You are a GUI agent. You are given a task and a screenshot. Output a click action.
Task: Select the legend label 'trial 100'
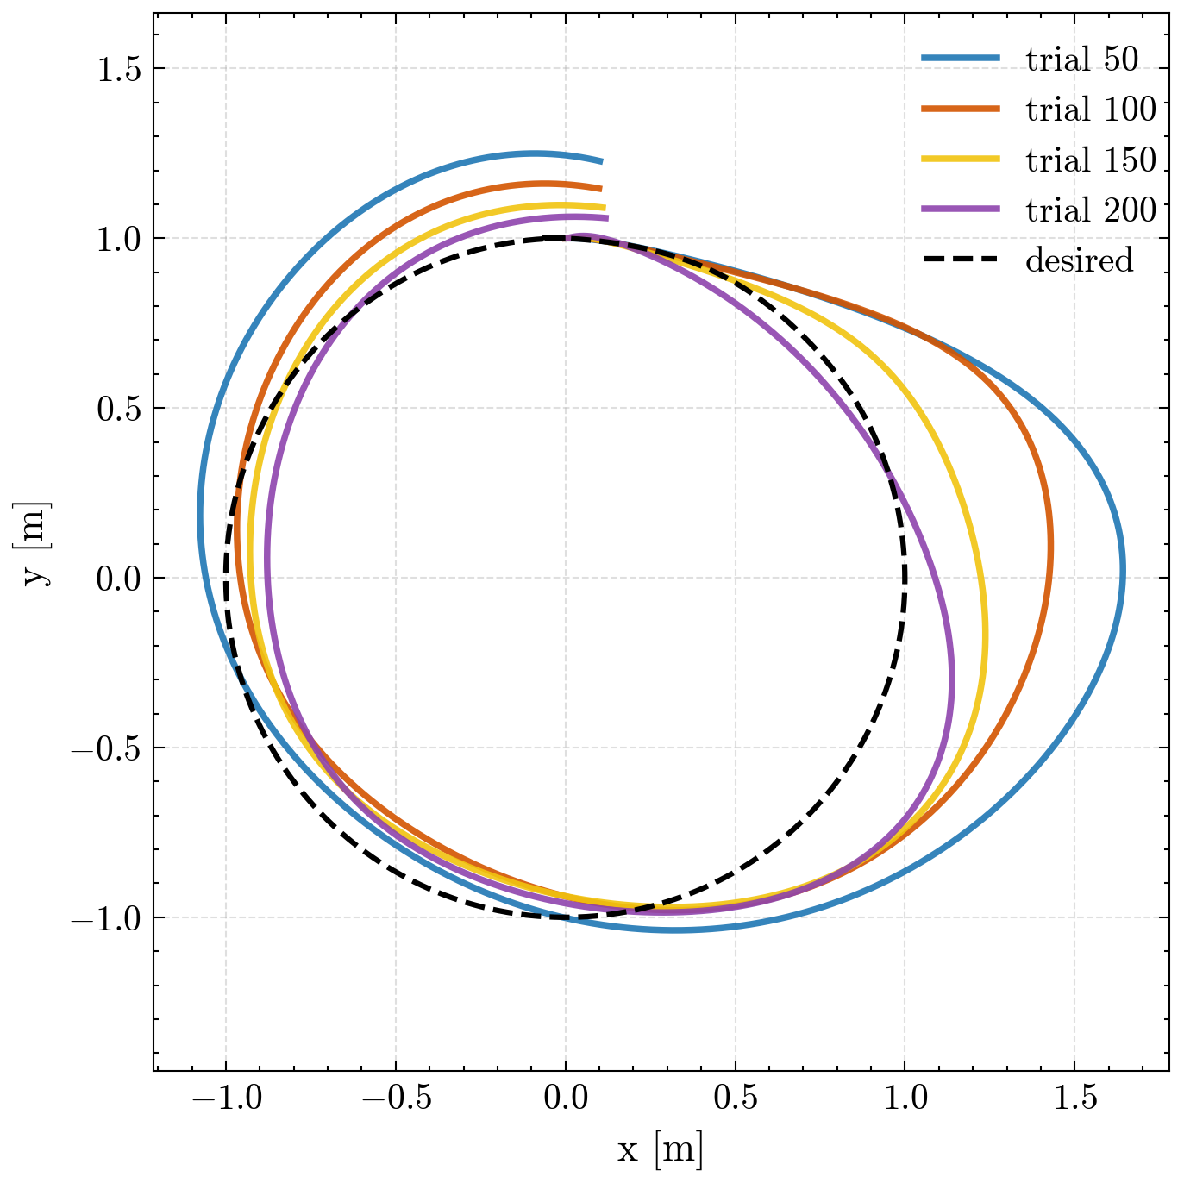tap(1091, 109)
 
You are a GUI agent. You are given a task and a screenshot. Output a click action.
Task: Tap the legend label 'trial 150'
tap(1091, 160)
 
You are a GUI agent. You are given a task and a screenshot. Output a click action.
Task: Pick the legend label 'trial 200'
tap(1091, 210)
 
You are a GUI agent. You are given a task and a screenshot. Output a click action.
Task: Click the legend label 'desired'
tap(1079, 260)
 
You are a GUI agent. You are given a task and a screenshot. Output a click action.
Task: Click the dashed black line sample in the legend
tap(961, 260)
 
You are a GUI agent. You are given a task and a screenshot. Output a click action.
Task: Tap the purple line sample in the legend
tap(961, 210)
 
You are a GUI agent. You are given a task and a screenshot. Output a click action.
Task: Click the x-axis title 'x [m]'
tap(661, 1148)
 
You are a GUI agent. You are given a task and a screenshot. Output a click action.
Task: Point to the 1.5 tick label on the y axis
tap(119, 68)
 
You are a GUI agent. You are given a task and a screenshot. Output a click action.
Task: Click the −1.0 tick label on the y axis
tap(106, 917)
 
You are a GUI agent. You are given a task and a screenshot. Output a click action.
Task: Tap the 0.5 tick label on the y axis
tap(119, 408)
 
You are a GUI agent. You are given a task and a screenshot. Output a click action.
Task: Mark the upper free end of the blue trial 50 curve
tap(602, 161)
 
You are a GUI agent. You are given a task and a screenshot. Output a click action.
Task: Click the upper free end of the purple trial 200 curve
tap(608, 217)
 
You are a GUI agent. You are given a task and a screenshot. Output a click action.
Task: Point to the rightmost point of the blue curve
tap(1123, 568)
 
